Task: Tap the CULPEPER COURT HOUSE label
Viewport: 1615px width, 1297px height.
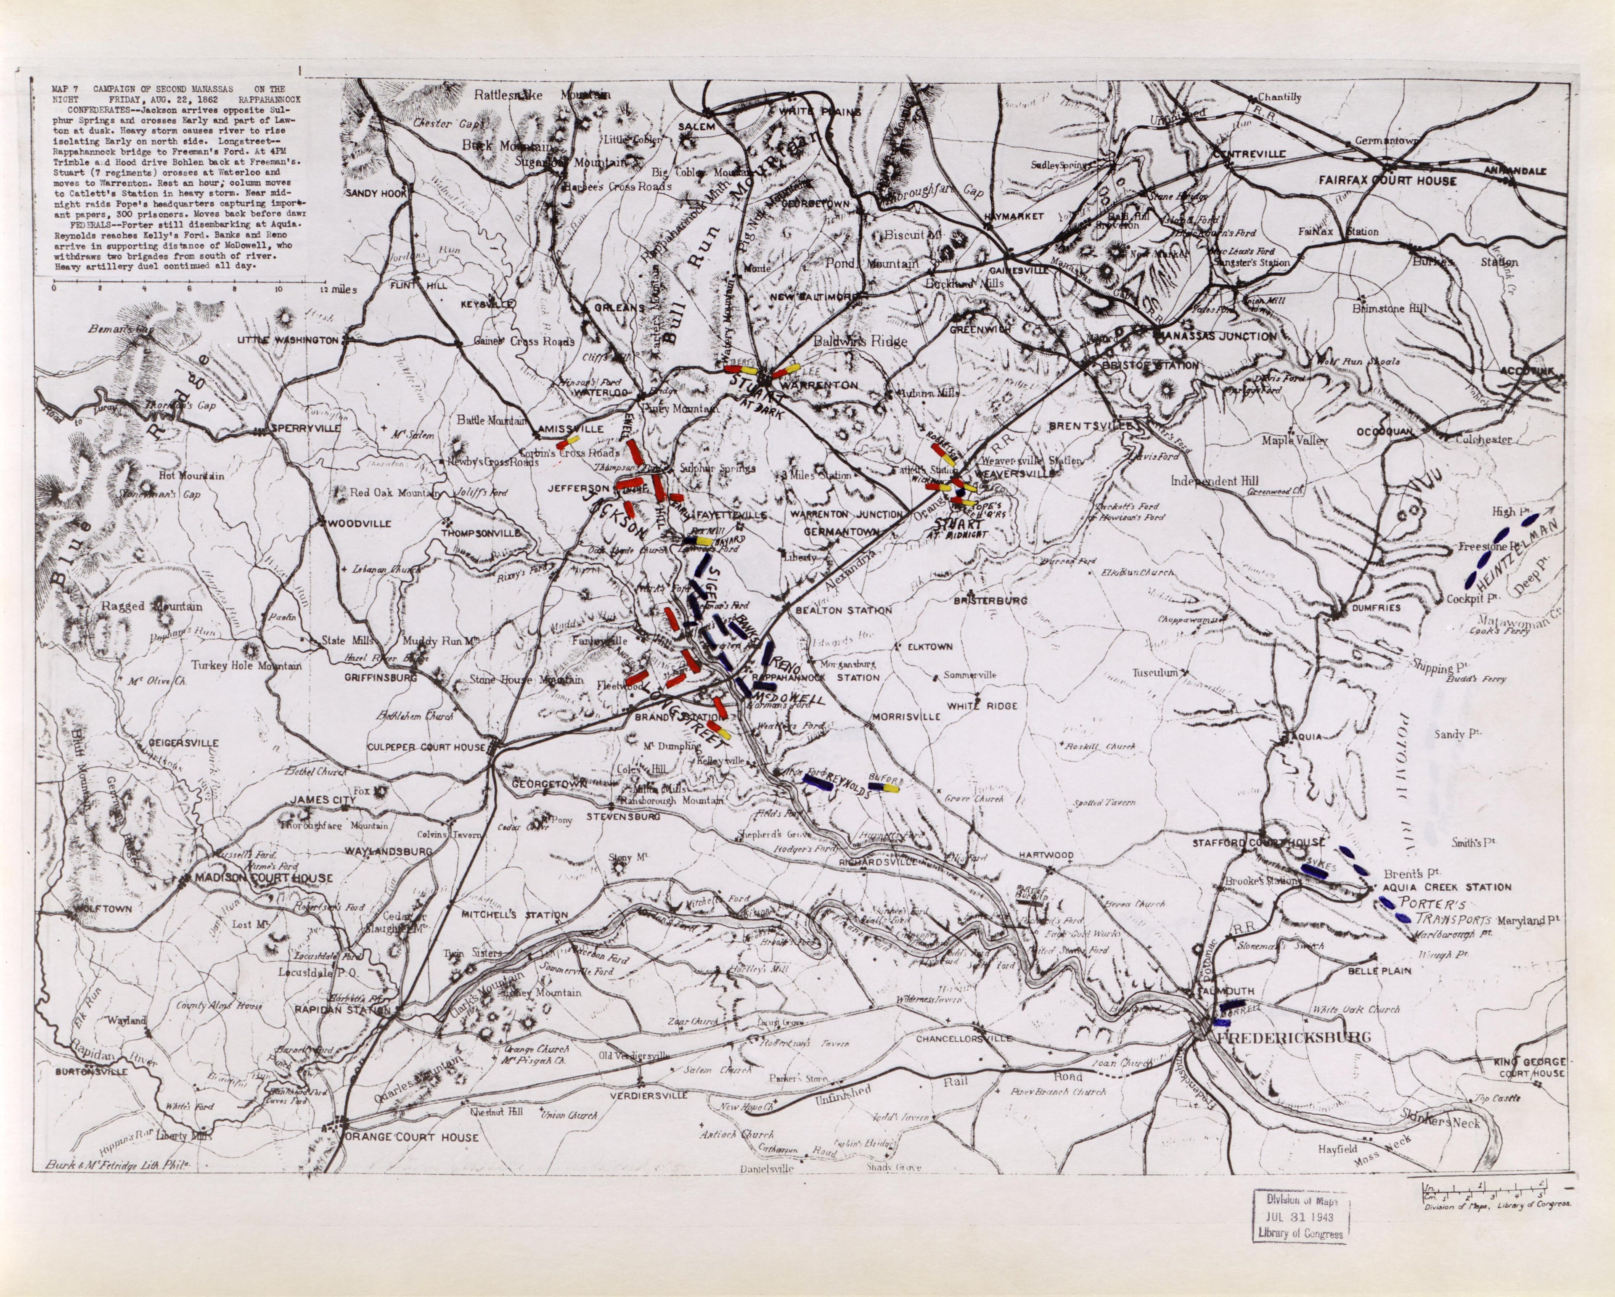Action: coord(426,747)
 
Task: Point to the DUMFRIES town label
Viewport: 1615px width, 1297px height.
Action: coord(1376,608)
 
